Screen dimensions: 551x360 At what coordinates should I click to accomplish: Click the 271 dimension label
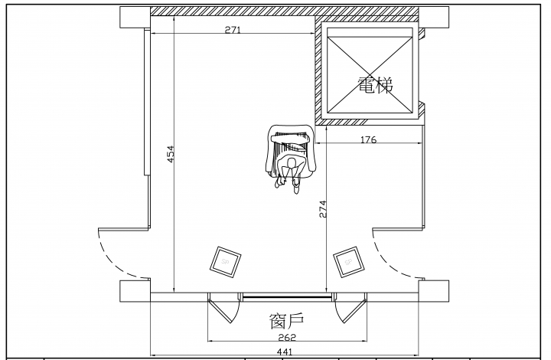pyautogui.click(x=233, y=30)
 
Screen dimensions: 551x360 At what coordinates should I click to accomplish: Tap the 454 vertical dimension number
pyautogui.click(x=171, y=154)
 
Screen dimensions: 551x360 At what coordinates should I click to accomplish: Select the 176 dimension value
pyautogui.click(x=368, y=140)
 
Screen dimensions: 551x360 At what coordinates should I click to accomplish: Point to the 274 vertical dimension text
pyautogui.click(x=323, y=209)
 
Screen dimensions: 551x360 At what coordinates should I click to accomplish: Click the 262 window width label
pyautogui.click(x=287, y=338)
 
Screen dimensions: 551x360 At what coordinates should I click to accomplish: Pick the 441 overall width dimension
pyautogui.click(x=285, y=352)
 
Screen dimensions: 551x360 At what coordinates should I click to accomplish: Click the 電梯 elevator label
pyautogui.click(x=375, y=85)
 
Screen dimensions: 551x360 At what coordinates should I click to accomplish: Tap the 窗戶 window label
pyautogui.click(x=286, y=321)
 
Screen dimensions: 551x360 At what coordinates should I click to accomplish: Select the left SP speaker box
pyautogui.click(x=226, y=262)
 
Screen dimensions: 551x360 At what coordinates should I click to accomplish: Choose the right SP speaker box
pyautogui.click(x=349, y=262)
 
